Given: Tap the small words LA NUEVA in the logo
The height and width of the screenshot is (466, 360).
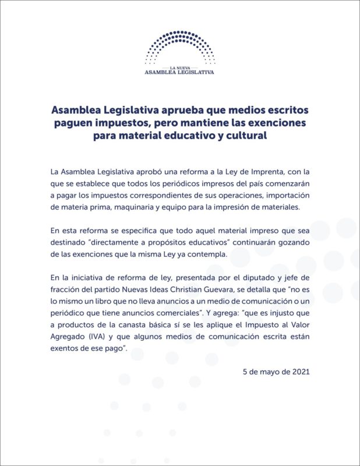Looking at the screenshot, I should (179, 66).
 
